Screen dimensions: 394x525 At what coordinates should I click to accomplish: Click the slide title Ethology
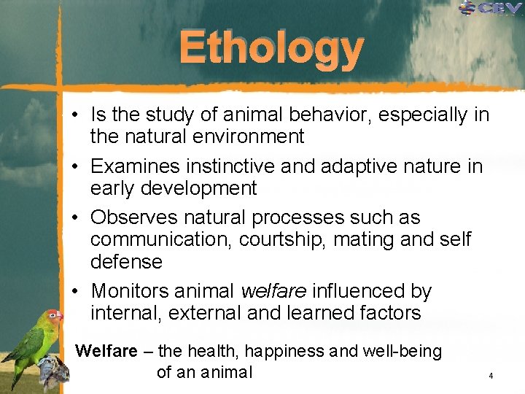point(271,47)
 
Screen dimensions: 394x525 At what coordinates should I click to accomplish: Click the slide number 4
point(491,376)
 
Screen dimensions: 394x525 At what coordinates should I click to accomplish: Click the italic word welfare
point(273,292)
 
